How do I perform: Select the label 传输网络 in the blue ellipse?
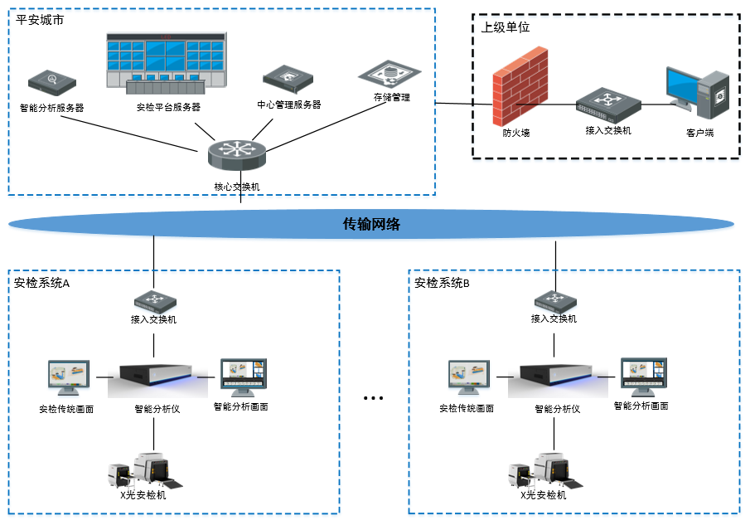click(x=372, y=224)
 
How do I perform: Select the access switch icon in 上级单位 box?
click(x=608, y=103)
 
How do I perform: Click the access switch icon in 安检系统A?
click(x=153, y=299)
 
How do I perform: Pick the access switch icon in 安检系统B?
click(x=554, y=299)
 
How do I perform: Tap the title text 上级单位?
click(x=505, y=28)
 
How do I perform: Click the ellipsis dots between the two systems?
click(x=374, y=399)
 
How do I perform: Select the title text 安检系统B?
click(x=443, y=284)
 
